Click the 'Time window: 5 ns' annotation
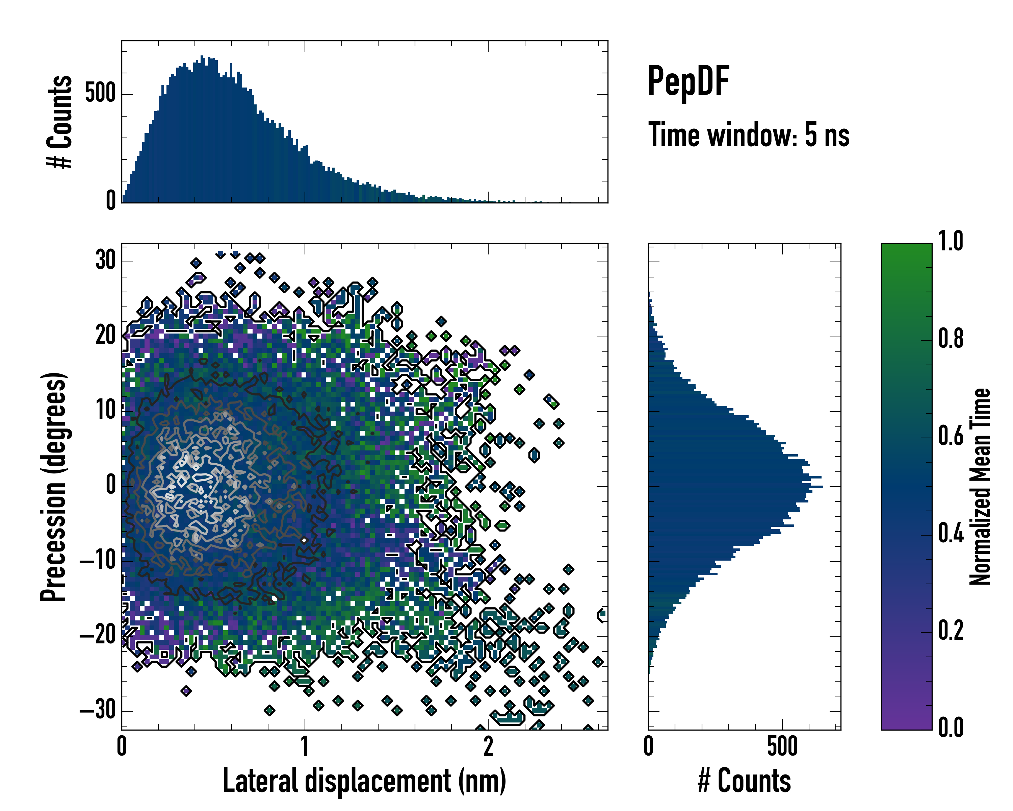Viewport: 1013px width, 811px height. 749,135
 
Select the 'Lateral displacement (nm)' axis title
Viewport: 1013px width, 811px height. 364,781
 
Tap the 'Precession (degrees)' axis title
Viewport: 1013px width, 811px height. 53,487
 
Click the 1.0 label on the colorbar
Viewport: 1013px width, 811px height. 951,241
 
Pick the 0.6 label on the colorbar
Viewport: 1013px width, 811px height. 951,436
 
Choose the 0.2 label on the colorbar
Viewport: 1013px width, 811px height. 951,631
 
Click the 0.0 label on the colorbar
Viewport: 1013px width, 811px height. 951,727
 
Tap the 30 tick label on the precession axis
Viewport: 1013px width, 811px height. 105,260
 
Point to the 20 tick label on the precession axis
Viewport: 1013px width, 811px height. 105,335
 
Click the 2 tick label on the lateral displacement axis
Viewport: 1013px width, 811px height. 488,746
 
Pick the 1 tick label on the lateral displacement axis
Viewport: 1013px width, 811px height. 305,746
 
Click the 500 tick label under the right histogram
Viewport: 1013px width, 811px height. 782,746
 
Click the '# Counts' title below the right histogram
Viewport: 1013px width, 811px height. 744,781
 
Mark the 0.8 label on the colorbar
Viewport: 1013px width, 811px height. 951,339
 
